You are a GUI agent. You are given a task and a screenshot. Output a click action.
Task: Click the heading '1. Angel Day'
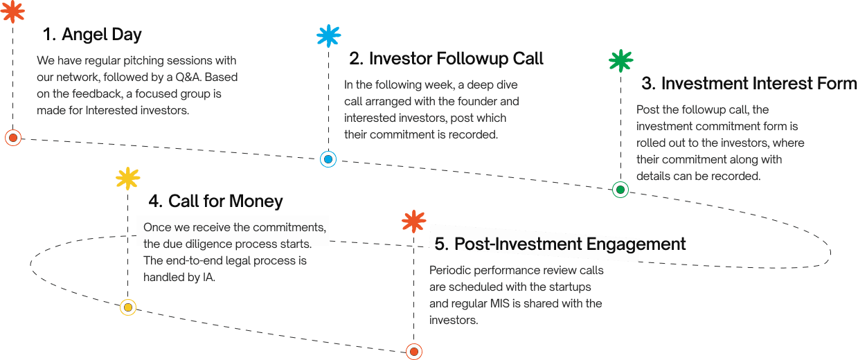point(92,34)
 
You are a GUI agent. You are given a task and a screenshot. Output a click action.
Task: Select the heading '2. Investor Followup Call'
point(446,58)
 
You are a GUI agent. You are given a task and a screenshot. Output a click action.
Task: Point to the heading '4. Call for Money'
point(215,201)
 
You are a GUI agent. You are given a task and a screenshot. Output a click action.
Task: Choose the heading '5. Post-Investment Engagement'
point(560,244)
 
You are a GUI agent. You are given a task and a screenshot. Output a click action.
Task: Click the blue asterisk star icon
point(328,35)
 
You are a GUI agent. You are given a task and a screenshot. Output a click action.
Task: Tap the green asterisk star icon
point(620,61)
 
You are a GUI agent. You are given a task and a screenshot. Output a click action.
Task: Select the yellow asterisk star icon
point(127,179)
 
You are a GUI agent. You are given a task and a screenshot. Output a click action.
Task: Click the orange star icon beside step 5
point(413,222)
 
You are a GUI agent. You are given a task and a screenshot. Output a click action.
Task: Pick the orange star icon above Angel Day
point(12,11)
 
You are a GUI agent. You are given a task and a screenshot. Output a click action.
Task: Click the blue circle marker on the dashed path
point(328,159)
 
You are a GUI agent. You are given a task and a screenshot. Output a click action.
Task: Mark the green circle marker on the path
point(620,189)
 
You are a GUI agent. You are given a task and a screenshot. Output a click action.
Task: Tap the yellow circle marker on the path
point(127,307)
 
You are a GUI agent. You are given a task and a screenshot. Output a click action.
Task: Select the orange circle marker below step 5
point(414,351)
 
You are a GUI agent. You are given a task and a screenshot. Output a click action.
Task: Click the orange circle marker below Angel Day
point(12,137)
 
